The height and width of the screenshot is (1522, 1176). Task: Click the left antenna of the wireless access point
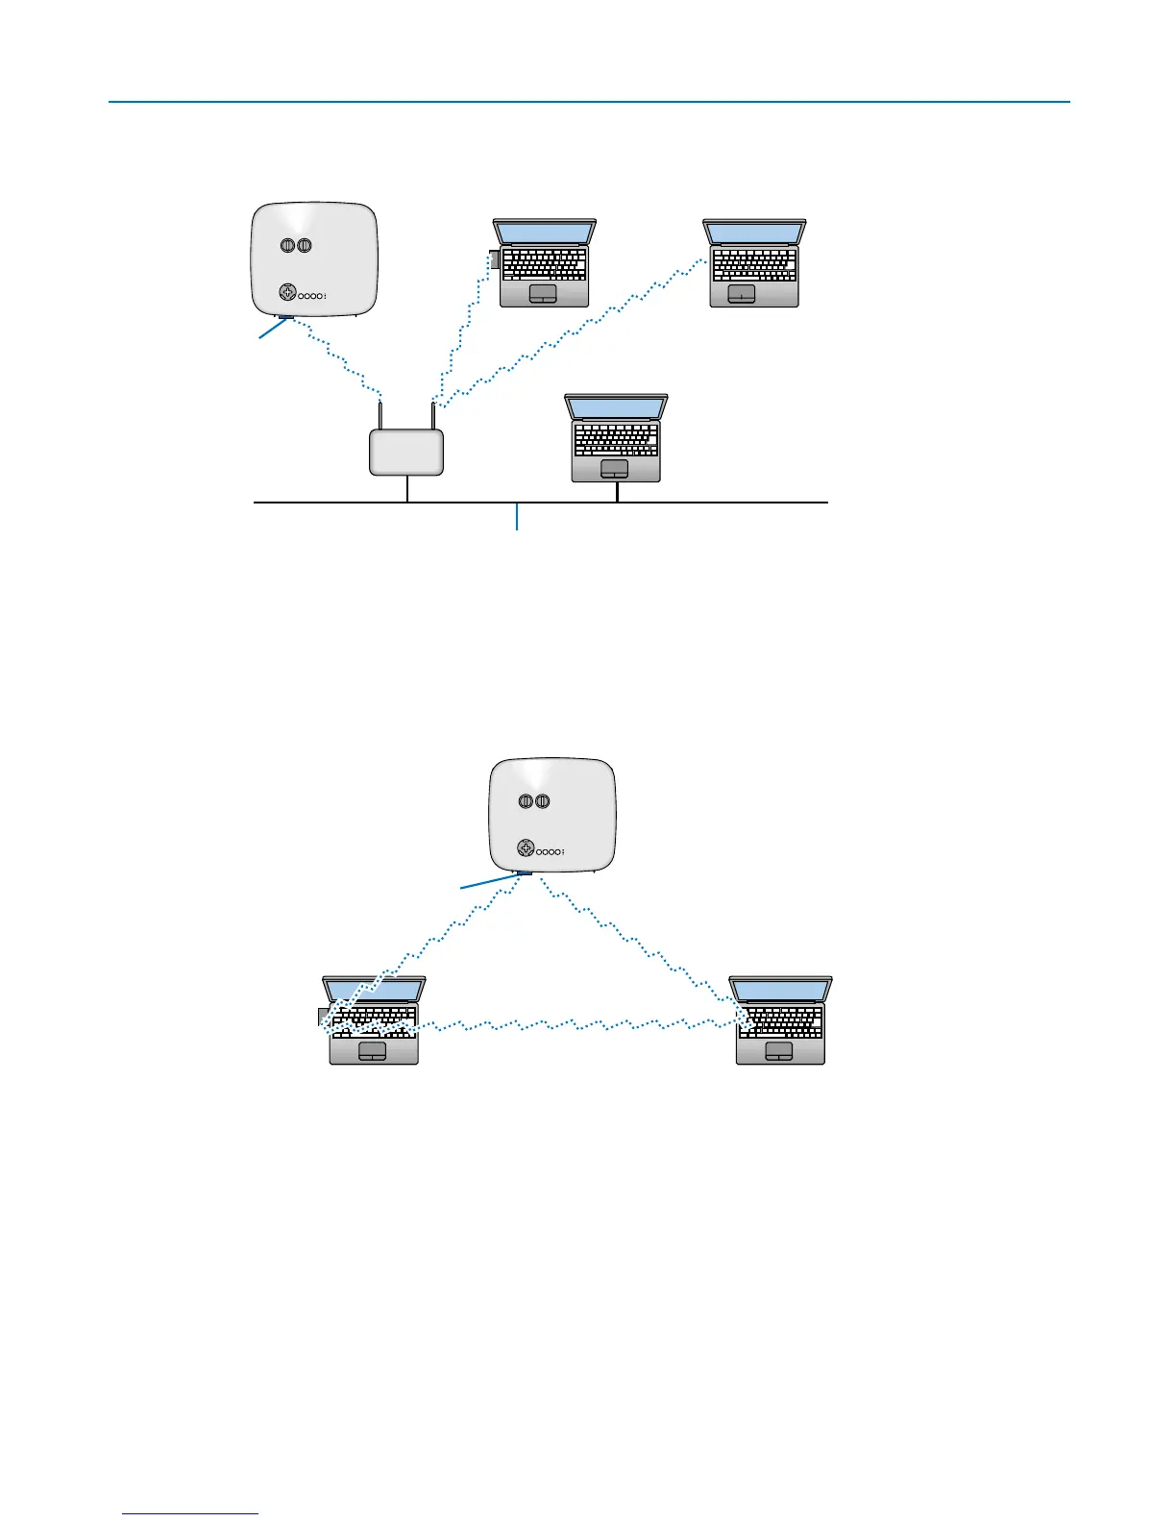[381, 416]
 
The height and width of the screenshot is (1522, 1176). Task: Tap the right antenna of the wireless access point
[433, 416]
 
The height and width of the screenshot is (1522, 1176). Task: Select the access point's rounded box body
[406, 452]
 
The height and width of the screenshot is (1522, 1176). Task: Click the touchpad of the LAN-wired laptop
[614, 468]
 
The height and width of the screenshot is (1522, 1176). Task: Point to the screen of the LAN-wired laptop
[616, 407]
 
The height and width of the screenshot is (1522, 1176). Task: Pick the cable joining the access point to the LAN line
[407, 488]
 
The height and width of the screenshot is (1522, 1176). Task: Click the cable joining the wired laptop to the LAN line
[617, 491]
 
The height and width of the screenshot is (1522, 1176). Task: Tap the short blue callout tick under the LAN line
[518, 517]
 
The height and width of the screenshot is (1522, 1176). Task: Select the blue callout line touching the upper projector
[270, 329]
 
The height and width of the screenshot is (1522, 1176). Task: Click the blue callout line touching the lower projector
[490, 881]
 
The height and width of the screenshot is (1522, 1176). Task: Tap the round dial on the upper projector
[286, 293]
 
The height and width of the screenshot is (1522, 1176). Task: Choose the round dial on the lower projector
[525, 848]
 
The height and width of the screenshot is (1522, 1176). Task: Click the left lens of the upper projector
[287, 245]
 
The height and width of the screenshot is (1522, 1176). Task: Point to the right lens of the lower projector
[542, 800]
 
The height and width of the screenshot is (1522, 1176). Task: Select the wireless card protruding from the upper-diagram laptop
[494, 260]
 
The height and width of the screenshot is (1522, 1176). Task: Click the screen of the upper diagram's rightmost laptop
[754, 233]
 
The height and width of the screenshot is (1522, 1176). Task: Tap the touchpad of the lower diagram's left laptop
[372, 1051]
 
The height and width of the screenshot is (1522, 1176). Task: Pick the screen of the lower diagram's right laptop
[780, 989]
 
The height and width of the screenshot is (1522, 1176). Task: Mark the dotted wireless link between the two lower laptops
[576, 1025]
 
